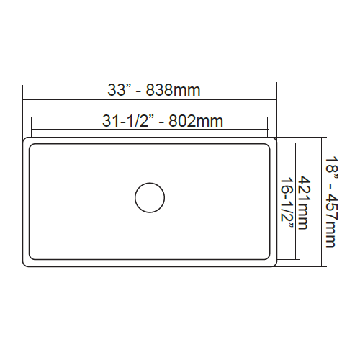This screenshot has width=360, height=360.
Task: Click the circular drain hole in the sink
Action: pyautogui.click(x=150, y=197)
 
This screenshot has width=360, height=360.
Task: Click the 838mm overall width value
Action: pyautogui.click(x=173, y=91)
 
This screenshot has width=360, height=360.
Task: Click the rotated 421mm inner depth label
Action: pyautogui.click(x=305, y=202)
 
